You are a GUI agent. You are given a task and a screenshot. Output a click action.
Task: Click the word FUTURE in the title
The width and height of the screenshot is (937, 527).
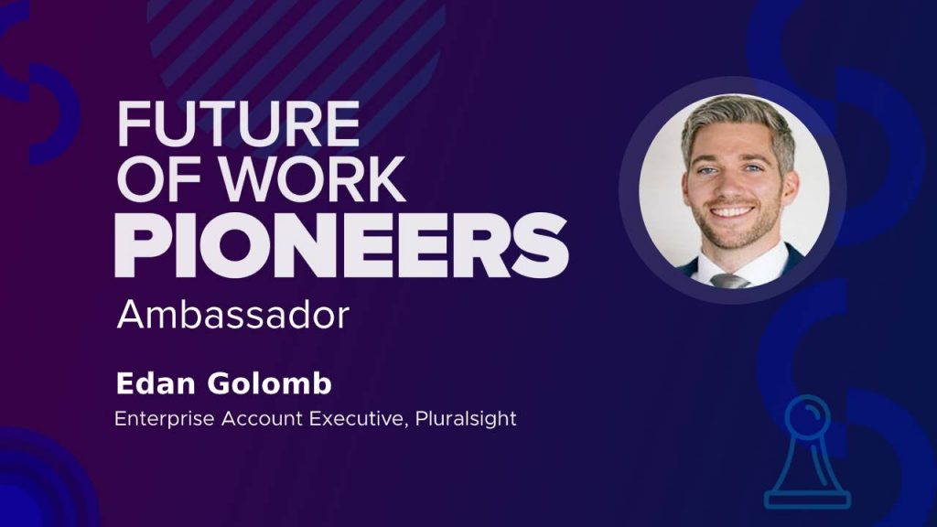pos(238,124)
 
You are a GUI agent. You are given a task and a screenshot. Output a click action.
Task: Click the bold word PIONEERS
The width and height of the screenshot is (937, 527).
pos(341,245)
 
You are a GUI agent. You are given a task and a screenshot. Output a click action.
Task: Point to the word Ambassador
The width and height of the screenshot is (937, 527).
pos(233,315)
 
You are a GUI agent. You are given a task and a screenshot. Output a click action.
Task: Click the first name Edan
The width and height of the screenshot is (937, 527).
pos(156,383)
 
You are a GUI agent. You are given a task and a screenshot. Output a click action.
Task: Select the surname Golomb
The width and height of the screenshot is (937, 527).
pos(270,383)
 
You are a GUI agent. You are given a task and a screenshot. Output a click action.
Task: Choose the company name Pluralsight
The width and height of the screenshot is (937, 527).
pos(466,419)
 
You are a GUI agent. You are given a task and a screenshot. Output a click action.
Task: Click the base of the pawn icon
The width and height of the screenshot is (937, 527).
pos(807,499)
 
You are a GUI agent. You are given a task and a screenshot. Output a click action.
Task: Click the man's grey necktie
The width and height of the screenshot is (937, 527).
pos(729,281)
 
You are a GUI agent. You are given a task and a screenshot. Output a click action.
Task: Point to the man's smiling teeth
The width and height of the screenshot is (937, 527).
pos(733,211)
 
